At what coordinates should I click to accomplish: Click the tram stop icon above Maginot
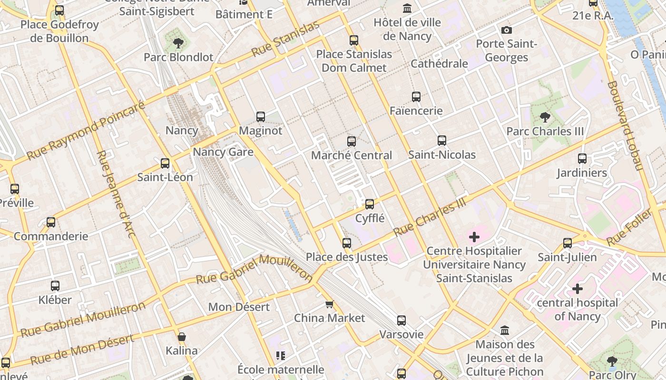261,116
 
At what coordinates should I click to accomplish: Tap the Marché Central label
352,155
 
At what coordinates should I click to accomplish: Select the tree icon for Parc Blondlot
178,43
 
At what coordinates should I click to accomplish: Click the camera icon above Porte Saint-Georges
507,30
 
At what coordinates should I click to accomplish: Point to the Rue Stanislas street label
285,38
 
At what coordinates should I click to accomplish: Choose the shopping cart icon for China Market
329,304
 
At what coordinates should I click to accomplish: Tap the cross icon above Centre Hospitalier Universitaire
474,237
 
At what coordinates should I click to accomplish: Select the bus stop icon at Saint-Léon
165,163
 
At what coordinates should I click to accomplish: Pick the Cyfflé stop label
370,218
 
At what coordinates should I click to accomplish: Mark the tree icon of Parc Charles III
545,117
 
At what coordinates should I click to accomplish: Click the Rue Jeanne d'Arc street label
116,193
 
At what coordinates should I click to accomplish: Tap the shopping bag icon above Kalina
181,337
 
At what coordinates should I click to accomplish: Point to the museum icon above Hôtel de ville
407,9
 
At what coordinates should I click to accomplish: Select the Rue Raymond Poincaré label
86,131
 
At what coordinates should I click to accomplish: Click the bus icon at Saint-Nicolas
442,141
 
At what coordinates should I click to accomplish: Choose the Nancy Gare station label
223,152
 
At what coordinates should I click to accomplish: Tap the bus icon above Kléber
55,286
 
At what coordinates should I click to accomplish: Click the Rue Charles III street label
429,217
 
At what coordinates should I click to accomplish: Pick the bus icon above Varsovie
402,321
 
